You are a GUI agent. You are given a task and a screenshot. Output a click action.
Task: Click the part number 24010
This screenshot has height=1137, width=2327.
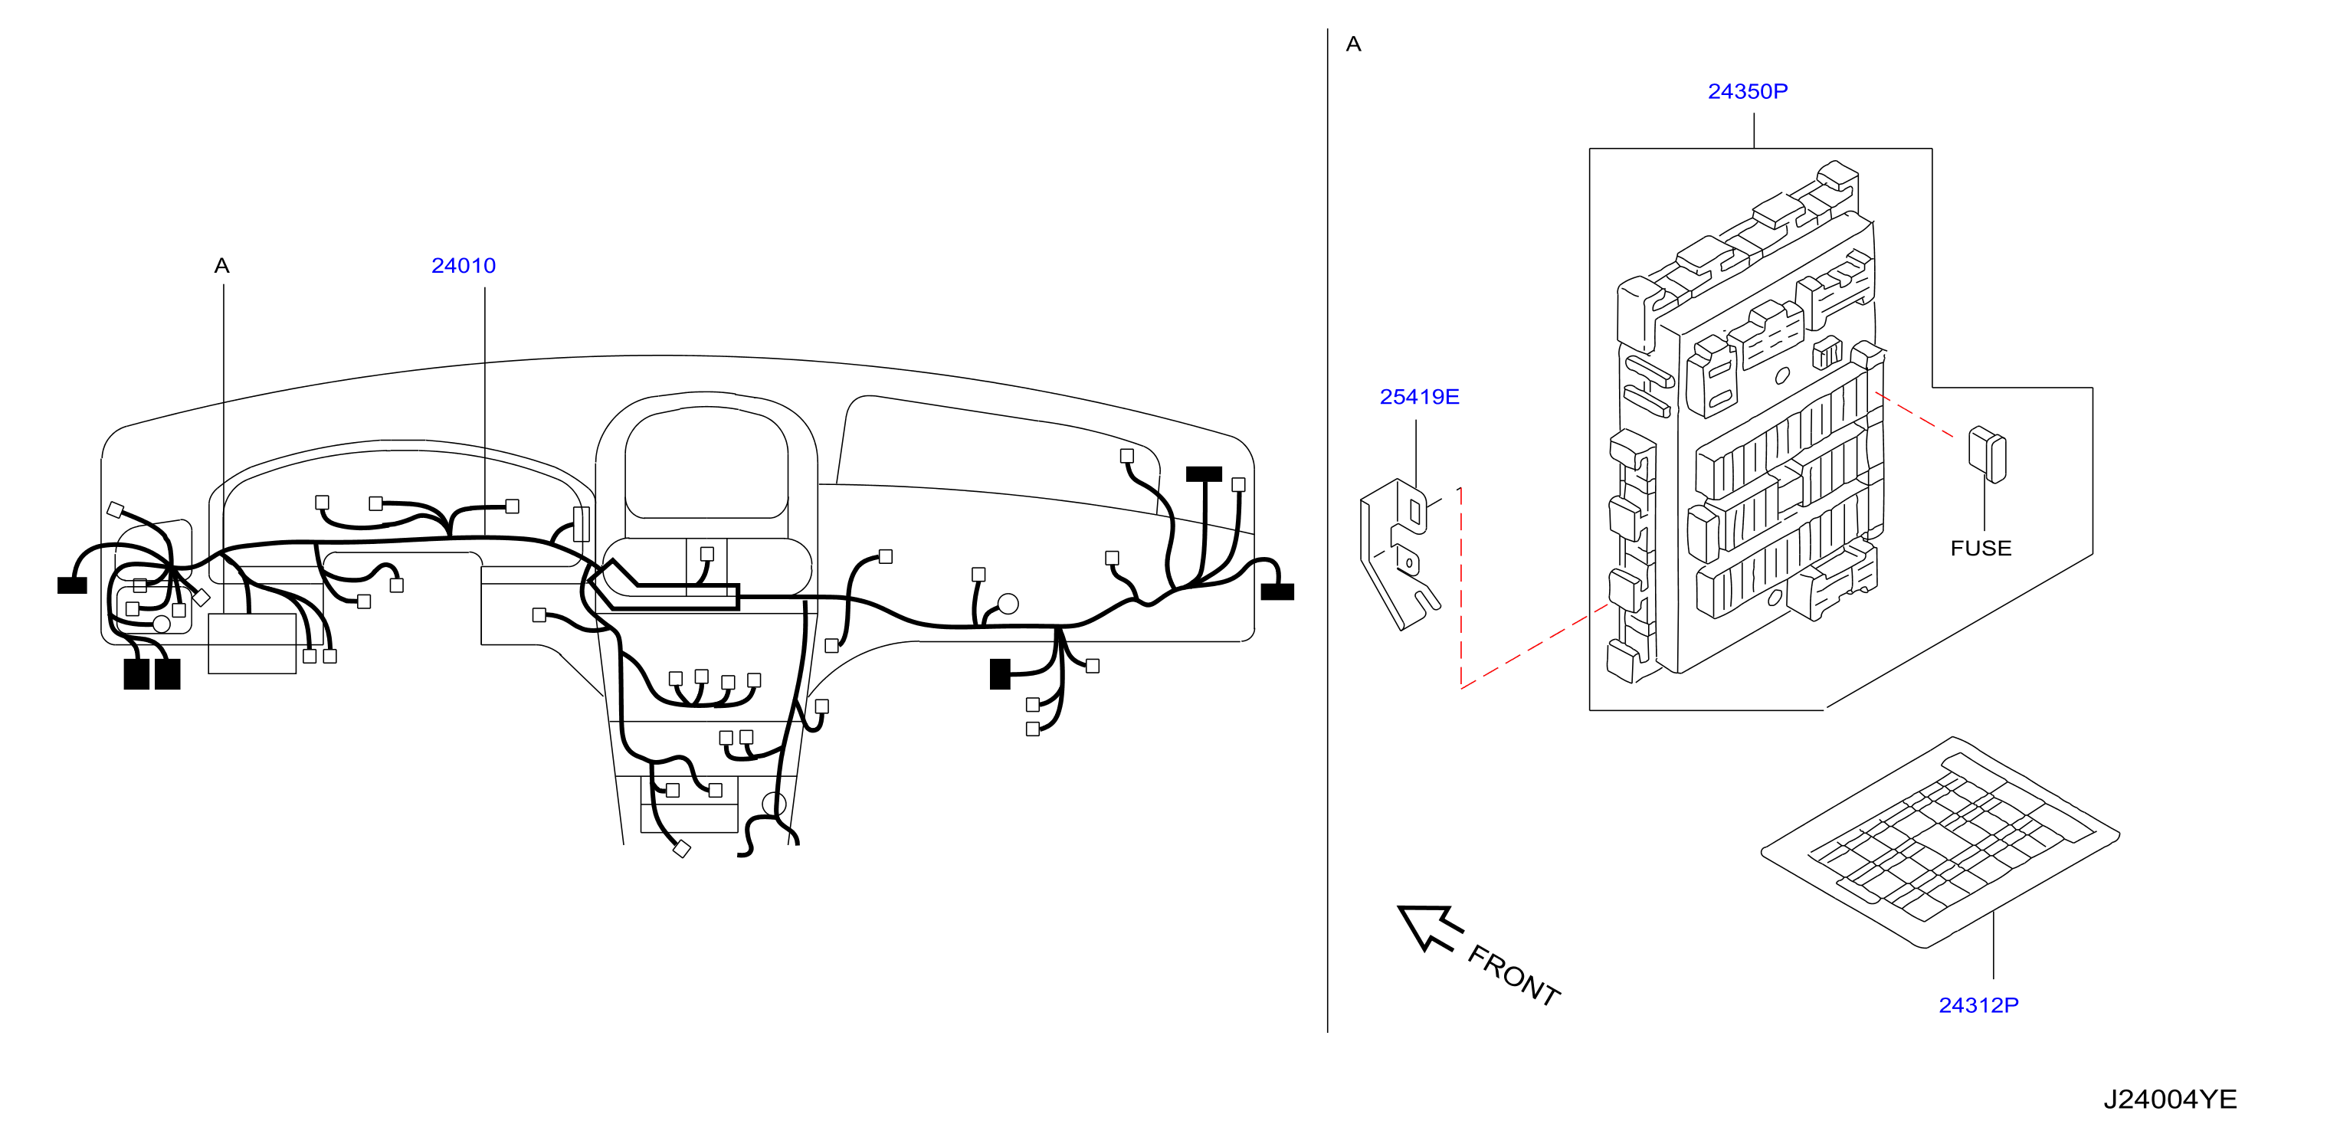coord(464,266)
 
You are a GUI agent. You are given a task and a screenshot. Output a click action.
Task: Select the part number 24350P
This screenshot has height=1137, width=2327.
coord(1747,91)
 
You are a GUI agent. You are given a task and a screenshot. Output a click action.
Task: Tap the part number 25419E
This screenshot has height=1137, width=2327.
coord(1419,396)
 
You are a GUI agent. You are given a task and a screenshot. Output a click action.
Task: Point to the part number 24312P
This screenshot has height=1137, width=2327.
coord(1978,1005)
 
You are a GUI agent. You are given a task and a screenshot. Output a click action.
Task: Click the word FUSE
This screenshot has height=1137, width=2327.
coord(1981,548)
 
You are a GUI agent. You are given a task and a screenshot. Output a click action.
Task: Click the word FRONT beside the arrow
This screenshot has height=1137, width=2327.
coord(1514,975)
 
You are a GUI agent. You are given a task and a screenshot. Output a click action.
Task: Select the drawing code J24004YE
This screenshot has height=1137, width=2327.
coord(2170,1099)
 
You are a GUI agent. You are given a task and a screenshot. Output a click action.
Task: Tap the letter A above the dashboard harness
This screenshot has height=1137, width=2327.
coord(222,266)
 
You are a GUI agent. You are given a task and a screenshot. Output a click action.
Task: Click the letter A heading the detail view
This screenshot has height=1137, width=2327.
coord(1353,44)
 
